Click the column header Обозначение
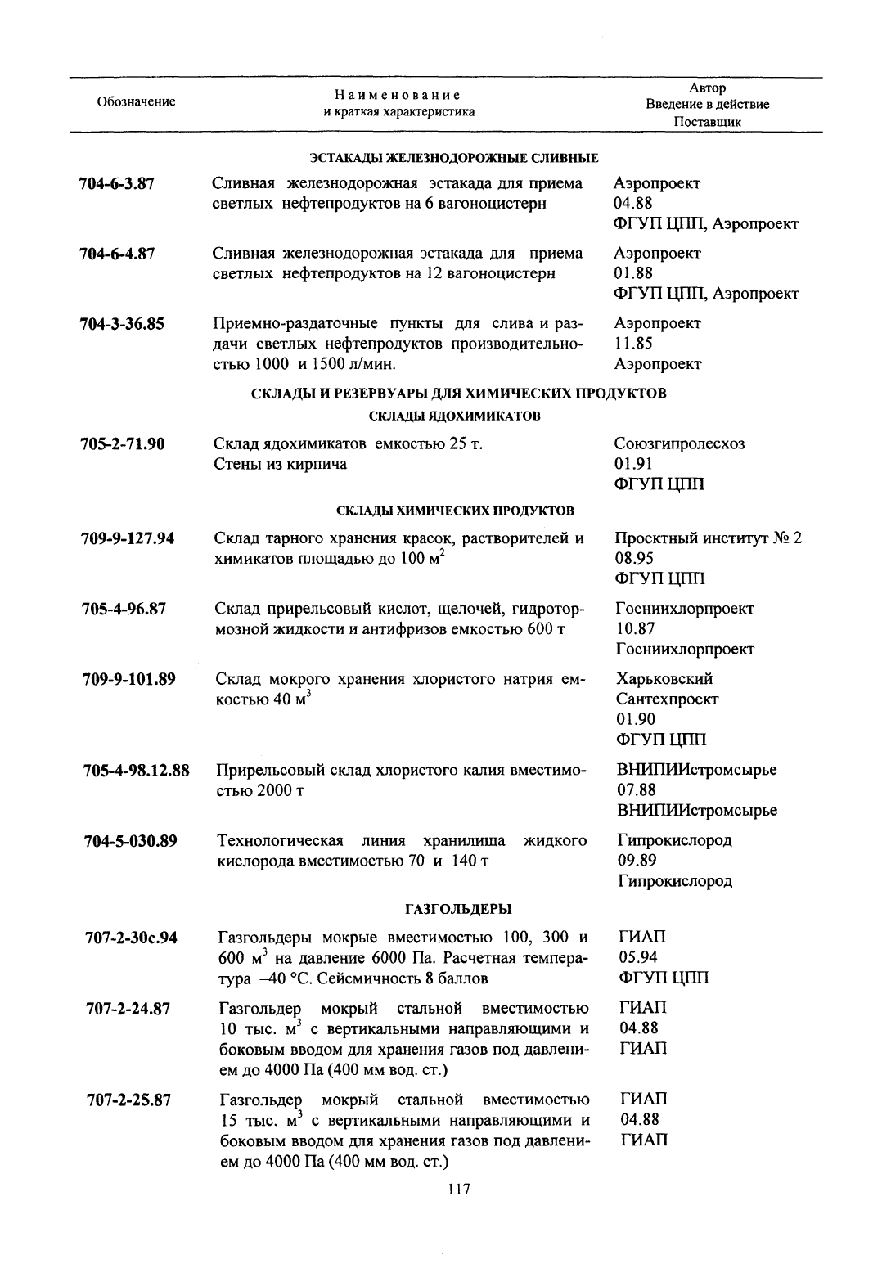(x=136, y=101)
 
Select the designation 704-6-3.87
(x=118, y=183)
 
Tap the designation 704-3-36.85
(x=123, y=323)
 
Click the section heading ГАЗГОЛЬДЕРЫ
(x=458, y=909)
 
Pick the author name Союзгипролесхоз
(x=679, y=444)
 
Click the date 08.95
(x=635, y=559)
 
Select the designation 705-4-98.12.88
(x=137, y=771)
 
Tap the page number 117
(x=459, y=1190)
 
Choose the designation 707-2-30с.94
(x=132, y=938)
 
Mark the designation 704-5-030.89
(x=131, y=840)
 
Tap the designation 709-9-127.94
(x=128, y=538)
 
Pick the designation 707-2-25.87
(x=128, y=1100)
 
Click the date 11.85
(x=633, y=344)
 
